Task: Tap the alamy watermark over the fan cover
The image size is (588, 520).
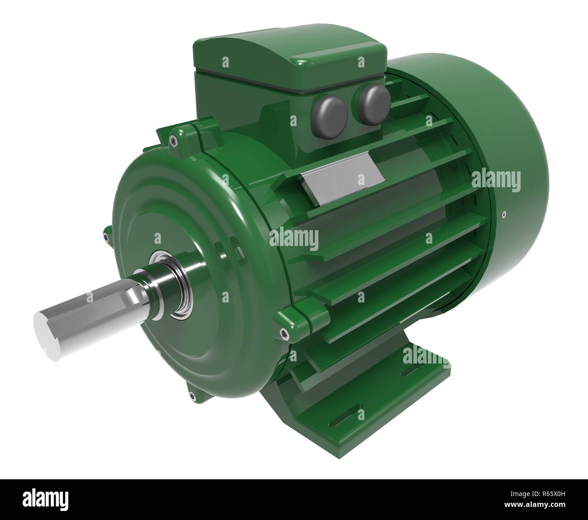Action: [496, 180]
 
